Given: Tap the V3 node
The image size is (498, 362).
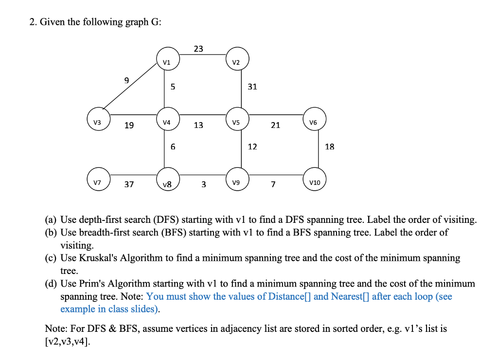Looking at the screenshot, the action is point(98,122).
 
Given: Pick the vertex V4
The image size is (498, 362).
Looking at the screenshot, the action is point(167,122).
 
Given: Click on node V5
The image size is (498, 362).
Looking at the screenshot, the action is point(237,122).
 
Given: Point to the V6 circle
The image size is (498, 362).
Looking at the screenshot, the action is point(314,122).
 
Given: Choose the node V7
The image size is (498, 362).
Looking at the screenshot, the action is point(98,182).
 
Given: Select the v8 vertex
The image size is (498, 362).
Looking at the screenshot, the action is point(167,183).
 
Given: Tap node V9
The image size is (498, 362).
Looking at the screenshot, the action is point(237,182).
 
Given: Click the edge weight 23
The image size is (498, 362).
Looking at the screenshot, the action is point(198,49).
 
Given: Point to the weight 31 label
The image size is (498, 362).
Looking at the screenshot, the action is point(252,87).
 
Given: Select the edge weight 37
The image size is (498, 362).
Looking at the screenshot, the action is point(129,184).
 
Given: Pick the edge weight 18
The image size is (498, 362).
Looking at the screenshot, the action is point(329,146).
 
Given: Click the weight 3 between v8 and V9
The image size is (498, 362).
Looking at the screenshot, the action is point(203,184).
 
